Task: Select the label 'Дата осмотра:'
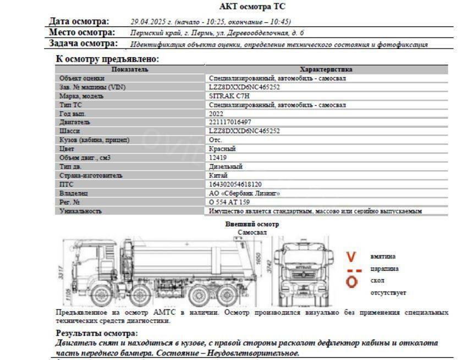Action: [x=79, y=21]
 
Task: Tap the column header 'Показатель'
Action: [x=130, y=69]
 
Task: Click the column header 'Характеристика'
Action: [x=326, y=69]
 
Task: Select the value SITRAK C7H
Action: [x=226, y=96]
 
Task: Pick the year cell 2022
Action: [x=216, y=113]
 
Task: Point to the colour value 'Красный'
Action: [x=222, y=149]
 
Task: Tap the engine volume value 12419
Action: [x=218, y=157]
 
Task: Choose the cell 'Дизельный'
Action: [x=226, y=166]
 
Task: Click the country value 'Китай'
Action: [x=219, y=176]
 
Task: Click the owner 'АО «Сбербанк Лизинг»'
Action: [x=244, y=193]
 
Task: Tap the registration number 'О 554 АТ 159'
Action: [x=229, y=202]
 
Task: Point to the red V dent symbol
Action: [x=351, y=256]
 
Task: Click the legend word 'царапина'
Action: [x=384, y=269]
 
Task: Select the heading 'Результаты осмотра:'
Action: [x=97, y=333]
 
